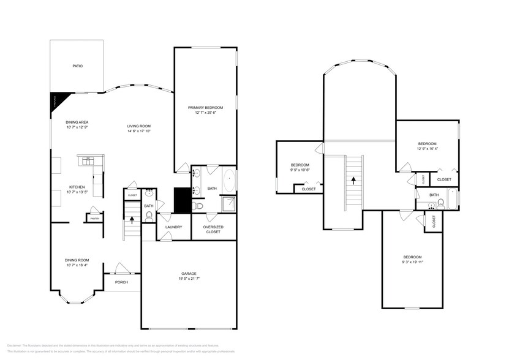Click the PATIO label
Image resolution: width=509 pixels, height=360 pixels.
[x=77, y=66]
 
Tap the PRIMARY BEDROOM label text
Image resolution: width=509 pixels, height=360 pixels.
[x=206, y=108]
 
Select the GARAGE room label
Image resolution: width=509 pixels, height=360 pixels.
[x=189, y=273]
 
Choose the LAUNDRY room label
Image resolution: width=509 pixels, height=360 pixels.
[x=173, y=227]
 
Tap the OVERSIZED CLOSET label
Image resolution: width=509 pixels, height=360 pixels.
[x=213, y=230]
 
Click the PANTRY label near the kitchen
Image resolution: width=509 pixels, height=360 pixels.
[x=94, y=218]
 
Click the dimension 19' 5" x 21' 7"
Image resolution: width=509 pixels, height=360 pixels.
[x=189, y=279]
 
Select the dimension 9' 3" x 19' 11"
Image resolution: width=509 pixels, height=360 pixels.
[x=413, y=262]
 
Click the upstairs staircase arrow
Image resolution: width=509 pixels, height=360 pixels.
[x=353, y=180]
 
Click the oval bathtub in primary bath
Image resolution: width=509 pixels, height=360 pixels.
[x=229, y=182]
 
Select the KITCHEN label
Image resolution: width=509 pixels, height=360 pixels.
[x=77, y=187]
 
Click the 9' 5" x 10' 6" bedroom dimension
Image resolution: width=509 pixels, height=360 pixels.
[x=300, y=170]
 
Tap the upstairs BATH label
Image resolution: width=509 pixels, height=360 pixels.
[x=434, y=195]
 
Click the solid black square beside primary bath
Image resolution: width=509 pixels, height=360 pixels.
[x=181, y=199]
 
